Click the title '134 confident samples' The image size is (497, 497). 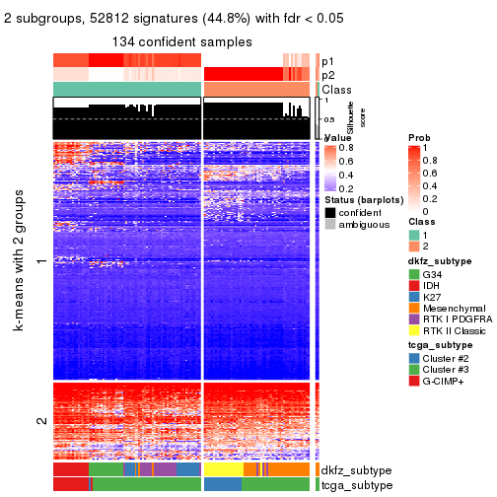coord(182,41)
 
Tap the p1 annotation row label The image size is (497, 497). coord(327,60)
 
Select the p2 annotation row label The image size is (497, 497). coord(327,75)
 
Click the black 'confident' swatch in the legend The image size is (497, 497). coord(329,213)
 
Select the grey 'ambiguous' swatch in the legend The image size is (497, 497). coord(329,226)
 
